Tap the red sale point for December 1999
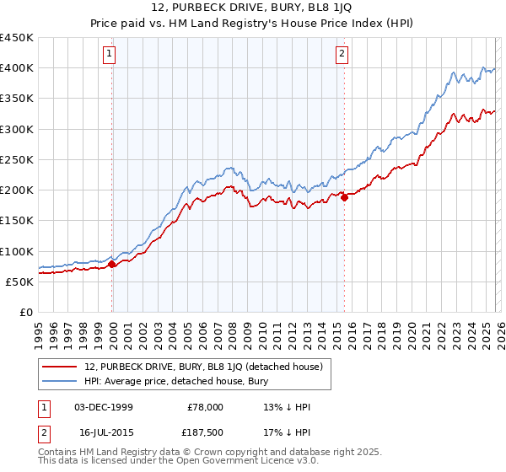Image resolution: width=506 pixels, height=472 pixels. pyautogui.click(x=112, y=265)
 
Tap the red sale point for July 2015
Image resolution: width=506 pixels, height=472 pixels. pyautogui.click(x=344, y=198)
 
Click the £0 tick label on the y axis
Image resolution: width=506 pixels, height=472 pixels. pyautogui.click(x=25, y=313)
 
